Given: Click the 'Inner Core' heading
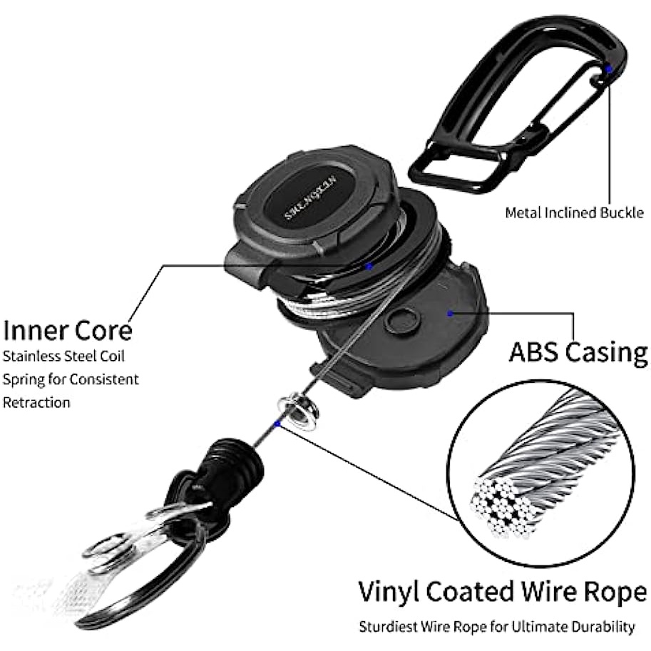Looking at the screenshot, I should click(68, 331).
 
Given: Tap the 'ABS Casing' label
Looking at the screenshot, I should click(578, 352).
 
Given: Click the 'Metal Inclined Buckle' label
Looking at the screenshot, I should click(575, 212).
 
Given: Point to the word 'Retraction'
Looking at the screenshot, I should click(37, 402).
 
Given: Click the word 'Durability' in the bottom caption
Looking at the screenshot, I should click(603, 627).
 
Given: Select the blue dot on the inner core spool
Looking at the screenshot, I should click(369, 266).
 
